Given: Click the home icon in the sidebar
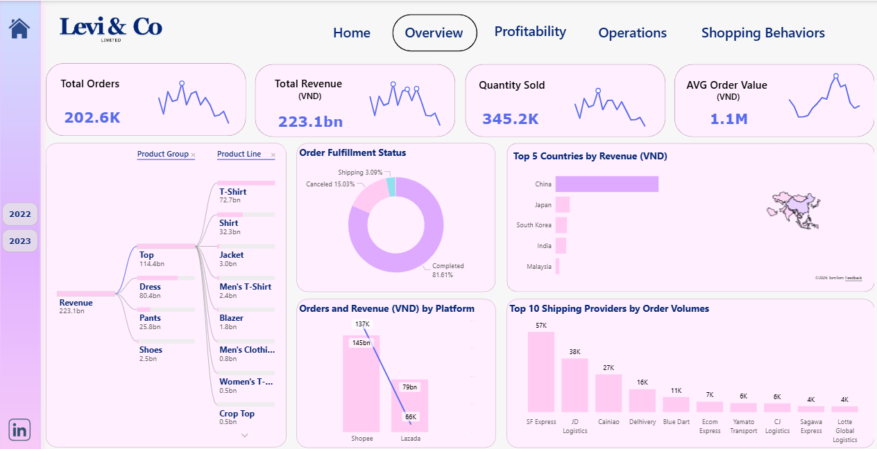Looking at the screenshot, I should coord(19,28).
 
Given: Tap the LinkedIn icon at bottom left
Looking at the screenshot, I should coord(19,430).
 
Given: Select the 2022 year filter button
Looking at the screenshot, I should coord(20,214).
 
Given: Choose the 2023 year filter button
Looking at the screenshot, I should coord(20,241).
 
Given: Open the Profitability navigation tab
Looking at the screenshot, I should coord(530,32).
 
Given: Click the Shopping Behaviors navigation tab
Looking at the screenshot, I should coord(763,33).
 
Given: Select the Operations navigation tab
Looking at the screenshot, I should coord(632,33).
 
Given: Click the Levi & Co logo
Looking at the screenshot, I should coord(111,28).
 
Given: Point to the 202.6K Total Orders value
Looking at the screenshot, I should coord(92,118).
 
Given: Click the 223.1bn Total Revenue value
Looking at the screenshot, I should coord(310,122).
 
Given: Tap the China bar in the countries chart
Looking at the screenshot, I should coord(606,184).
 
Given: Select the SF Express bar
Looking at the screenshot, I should coord(540,372).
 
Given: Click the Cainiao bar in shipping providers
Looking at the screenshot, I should coord(608,393).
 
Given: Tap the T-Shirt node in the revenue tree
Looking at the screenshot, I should coord(232,192).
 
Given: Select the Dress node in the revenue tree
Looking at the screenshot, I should coord(150,287).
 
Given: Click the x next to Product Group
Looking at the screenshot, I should coord(193,155).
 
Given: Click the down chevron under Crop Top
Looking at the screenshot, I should coord(244,435).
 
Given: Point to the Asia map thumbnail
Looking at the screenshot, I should coord(794,207).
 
